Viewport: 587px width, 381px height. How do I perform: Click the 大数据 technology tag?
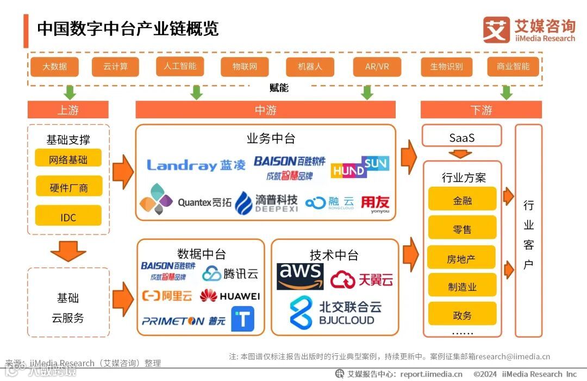coord(54,67)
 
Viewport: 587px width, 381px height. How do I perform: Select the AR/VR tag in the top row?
coord(377,67)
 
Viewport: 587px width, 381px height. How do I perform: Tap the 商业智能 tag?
coord(513,66)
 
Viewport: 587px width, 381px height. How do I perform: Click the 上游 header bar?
coord(68,110)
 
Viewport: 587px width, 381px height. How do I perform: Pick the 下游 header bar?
coord(481,110)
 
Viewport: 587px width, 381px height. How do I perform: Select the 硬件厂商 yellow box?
coord(68,187)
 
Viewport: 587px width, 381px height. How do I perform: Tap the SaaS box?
coord(462,137)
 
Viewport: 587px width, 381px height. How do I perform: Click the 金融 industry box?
coord(462,200)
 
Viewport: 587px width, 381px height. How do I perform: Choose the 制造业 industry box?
coord(462,286)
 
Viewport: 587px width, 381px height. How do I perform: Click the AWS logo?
coord(300,276)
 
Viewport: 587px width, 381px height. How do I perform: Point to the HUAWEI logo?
coord(230,296)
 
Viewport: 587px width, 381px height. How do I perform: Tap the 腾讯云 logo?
coord(230,273)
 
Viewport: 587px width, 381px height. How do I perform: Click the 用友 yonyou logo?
coord(376,205)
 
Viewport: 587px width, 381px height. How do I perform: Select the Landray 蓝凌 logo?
coord(196,165)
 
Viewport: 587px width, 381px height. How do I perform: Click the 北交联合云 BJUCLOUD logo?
coord(335,312)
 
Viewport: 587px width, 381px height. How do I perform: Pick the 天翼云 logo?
coord(361,280)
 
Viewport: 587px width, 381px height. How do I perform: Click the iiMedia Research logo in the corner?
coord(528,30)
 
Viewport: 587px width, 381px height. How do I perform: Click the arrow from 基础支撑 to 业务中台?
coord(122,171)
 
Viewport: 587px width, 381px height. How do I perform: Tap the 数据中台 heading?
coord(201,253)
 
